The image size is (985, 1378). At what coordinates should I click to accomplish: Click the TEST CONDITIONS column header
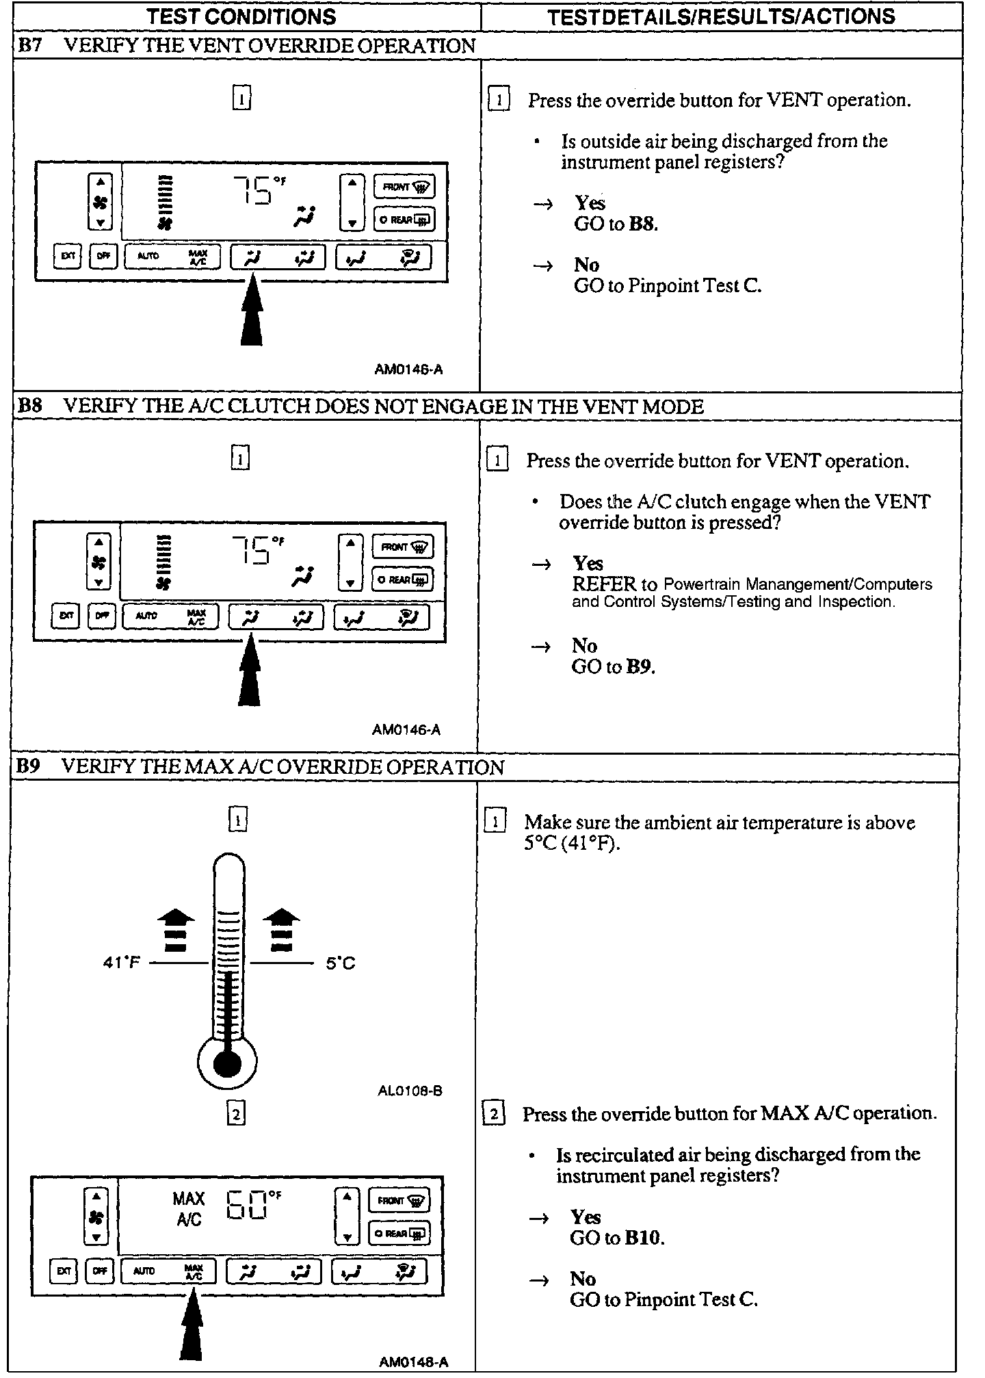[241, 16]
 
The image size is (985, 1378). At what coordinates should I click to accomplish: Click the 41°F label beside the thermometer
[121, 963]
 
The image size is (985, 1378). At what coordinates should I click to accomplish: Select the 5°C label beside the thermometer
[340, 963]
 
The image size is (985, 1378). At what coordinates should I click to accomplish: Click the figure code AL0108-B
[410, 1091]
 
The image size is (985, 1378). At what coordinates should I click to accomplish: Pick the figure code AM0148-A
[414, 1362]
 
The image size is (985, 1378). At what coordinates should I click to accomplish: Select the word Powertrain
[702, 584]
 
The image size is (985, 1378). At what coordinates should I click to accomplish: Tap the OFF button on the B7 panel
[103, 256]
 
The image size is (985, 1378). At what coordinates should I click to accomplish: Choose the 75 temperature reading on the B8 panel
[252, 549]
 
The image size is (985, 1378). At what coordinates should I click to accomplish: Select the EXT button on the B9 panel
[64, 1271]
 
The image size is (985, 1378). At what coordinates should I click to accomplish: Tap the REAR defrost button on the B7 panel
[404, 220]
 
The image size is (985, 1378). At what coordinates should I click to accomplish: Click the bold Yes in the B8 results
[588, 563]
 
